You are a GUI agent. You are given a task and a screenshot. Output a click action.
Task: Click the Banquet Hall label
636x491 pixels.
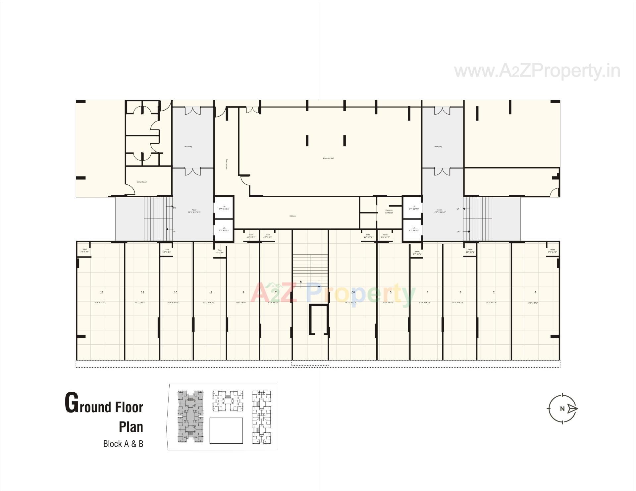(328, 158)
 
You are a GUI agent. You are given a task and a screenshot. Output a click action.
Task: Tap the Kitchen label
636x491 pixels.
(292, 216)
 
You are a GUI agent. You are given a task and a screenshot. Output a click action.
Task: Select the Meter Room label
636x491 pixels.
(142, 182)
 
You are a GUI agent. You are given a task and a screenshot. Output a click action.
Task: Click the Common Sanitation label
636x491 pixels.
(389, 211)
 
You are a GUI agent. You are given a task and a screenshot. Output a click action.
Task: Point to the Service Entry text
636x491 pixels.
(227, 164)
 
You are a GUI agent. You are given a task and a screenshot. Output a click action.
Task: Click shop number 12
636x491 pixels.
(102, 292)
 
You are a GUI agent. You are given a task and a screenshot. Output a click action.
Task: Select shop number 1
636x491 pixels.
(535, 292)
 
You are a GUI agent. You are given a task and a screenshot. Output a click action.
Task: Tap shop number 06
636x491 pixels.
(353, 292)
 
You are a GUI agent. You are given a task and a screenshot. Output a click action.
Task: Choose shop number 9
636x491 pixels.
(211, 292)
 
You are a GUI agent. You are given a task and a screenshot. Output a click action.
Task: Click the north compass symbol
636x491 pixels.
(563, 408)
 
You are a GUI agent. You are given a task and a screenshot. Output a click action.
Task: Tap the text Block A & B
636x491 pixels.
(123, 444)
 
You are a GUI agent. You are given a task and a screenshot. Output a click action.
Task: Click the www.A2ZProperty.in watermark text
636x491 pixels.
(537, 71)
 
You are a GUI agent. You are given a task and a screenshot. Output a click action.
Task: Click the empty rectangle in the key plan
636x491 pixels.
(226, 430)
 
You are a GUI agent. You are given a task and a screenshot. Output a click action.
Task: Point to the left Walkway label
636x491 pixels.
(188, 147)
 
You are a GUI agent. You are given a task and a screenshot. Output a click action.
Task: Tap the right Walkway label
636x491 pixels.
(438, 147)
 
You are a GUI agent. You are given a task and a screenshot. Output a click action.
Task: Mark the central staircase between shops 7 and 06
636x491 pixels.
(310, 268)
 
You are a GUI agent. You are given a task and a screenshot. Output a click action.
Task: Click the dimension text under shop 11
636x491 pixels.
(140, 303)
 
